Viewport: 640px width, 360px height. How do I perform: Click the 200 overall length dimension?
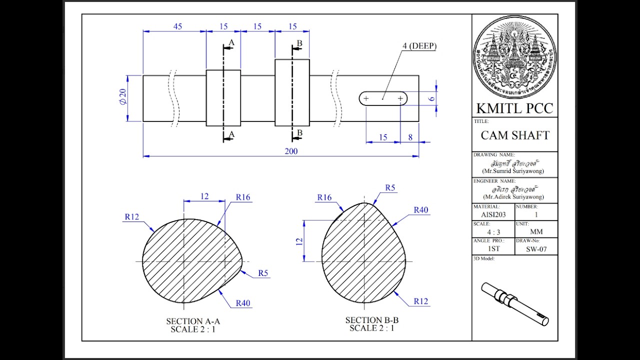(291, 151)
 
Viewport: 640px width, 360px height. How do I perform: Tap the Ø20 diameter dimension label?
(122, 98)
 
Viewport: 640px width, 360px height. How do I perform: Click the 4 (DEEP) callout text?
(419, 46)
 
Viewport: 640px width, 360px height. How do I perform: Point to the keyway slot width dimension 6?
(431, 99)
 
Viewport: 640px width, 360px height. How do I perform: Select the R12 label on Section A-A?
(131, 216)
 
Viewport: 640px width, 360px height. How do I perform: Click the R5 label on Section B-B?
(390, 188)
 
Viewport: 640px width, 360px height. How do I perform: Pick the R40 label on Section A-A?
(242, 303)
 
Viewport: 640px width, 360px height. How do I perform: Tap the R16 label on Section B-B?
(324, 197)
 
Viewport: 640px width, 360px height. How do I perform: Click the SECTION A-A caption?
(193, 321)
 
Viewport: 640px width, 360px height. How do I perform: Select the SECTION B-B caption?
(371, 320)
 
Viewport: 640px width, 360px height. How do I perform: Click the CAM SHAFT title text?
(515, 135)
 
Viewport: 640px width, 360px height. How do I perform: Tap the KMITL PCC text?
(514, 108)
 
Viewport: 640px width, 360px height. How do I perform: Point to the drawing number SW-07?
(536, 249)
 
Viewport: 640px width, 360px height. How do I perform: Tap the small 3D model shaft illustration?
(515, 303)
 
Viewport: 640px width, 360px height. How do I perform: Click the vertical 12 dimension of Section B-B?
(299, 240)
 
